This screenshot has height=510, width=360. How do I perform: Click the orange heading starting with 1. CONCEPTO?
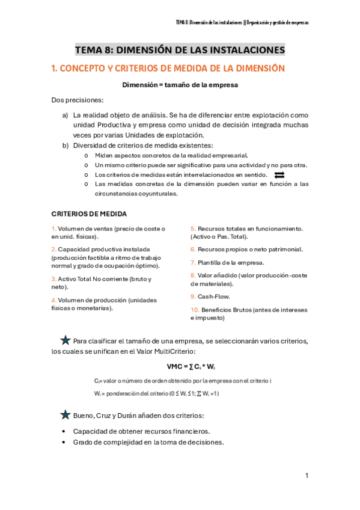click(168, 69)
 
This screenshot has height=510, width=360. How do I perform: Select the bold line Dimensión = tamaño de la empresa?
click(180, 85)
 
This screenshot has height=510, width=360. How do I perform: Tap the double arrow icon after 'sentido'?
click(279, 175)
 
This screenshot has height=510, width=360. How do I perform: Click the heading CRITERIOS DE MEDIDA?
click(89, 214)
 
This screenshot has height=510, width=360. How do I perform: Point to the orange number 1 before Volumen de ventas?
click(53, 229)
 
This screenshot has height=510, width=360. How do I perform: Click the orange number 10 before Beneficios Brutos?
click(194, 310)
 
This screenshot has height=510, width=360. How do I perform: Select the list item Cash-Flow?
click(213, 296)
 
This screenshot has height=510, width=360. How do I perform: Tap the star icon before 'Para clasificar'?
click(65, 340)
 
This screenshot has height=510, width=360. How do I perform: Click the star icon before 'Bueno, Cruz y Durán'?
click(65, 414)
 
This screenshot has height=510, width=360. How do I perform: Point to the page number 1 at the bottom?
click(307, 476)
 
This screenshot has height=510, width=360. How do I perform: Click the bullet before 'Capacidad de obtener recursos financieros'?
click(64, 431)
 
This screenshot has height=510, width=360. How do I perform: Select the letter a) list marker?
click(65, 114)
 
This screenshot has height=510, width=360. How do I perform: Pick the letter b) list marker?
click(65, 146)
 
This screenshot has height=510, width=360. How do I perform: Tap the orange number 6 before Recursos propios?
click(193, 249)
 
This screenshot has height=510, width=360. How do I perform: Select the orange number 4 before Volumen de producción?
click(53, 300)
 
